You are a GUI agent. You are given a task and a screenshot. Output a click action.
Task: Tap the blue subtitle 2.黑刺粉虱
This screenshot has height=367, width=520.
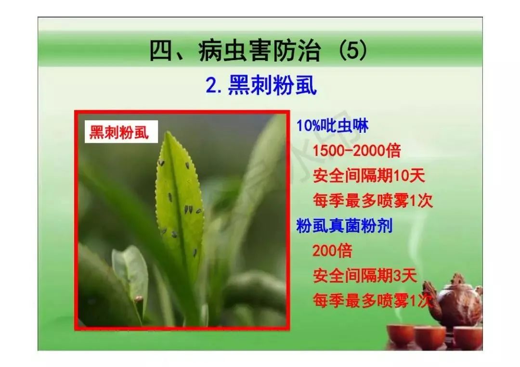(260, 86)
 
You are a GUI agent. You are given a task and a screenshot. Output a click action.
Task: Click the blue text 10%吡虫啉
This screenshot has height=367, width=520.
(333, 127)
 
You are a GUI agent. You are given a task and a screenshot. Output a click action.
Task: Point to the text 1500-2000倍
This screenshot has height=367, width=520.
(357, 151)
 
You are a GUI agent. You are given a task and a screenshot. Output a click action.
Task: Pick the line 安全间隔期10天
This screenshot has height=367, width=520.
(369, 176)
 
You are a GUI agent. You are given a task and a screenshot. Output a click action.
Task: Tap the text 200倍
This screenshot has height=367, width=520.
(332, 251)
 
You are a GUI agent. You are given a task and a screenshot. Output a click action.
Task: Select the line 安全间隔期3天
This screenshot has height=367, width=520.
(364, 276)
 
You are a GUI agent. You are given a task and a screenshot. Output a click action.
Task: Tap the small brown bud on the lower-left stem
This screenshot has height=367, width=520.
(139, 299)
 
